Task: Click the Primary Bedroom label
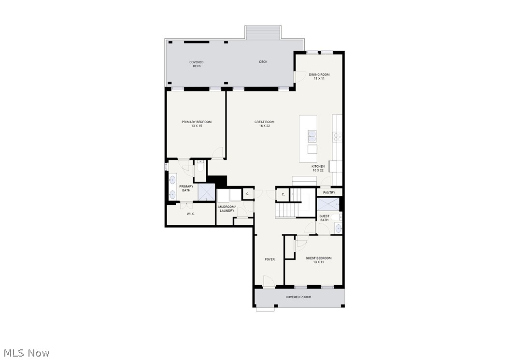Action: click(197, 124)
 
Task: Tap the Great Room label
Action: click(265, 124)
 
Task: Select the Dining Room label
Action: click(319, 76)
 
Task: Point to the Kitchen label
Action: click(318, 168)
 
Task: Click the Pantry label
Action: click(329, 192)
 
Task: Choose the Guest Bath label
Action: click(324, 218)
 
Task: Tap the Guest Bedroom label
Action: click(318, 260)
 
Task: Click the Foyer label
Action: click(269, 259)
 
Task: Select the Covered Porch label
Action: click(298, 297)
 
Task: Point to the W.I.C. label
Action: click(191, 214)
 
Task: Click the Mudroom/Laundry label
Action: click(226, 209)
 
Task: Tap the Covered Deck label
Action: click(196, 64)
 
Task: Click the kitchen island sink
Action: click(312, 136)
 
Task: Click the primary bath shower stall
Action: click(206, 192)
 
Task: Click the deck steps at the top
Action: click(263, 32)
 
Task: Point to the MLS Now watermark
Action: click(25, 353)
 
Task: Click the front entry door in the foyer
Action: click(269, 282)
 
